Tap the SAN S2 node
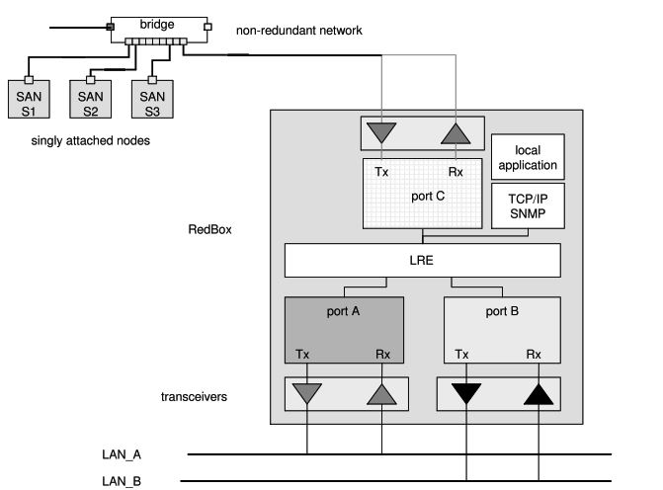[x=90, y=103]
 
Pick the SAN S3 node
[x=152, y=103]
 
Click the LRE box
[x=422, y=261]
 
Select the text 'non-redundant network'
[x=299, y=31]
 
